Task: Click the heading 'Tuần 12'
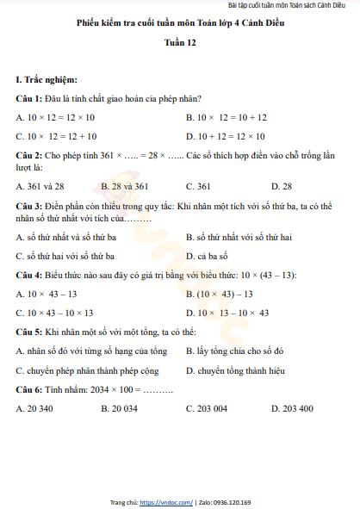tap(180, 52)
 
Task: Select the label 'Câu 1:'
tap(30, 98)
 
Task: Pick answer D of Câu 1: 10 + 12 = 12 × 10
tap(227, 136)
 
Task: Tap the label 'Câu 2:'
tap(30, 155)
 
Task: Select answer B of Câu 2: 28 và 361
tap(125, 186)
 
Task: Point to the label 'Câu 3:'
tap(30, 207)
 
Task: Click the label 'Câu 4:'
tap(30, 275)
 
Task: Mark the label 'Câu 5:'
tap(30, 332)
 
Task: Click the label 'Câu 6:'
tap(30, 389)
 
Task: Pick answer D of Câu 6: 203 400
tap(293, 408)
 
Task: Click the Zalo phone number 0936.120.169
tap(233, 501)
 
